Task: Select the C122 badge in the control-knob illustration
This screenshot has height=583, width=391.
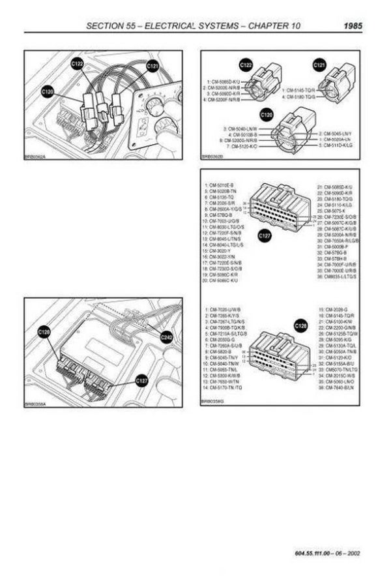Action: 77,64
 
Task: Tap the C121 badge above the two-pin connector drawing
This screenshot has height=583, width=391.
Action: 319,66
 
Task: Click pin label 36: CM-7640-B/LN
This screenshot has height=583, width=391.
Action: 338,389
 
